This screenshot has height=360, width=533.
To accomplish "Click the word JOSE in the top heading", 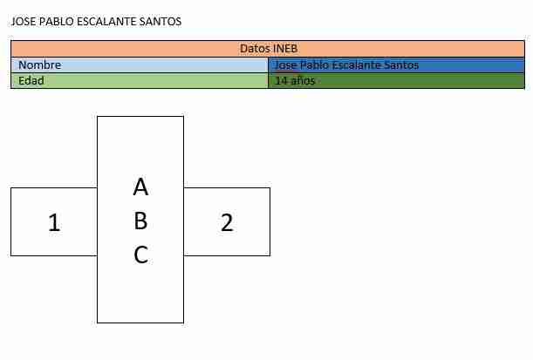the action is (x=24, y=22).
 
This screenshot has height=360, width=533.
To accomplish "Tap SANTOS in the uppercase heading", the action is (x=161, y=22).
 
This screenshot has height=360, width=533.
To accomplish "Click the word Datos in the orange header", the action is (x=255, y=49).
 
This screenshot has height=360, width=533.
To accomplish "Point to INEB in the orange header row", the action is (x=285, y=49).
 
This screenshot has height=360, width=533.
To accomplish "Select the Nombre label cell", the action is (x=140, y=65).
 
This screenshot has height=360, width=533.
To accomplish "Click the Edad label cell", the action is (x=140, y=81).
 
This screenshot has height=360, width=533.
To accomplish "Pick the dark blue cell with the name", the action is (x=396, y=65).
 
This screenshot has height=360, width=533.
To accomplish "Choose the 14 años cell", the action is (x=396, y=81).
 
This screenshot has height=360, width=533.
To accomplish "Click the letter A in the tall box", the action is (x=140, y=187).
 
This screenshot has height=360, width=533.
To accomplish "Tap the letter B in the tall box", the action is (x=140, y=221).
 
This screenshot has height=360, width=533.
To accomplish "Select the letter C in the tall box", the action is (x=141, y=255).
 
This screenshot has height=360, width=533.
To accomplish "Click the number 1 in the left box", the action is (x=54, y=222).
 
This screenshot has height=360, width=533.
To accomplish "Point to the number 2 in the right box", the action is (x=227, y=222).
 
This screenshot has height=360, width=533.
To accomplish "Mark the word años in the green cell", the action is (x=304, y=81).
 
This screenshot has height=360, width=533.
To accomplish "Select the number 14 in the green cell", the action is (x=282, y=81).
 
